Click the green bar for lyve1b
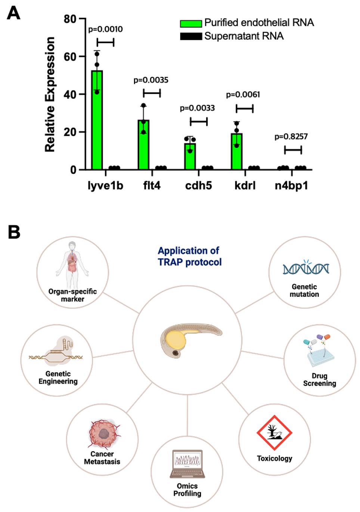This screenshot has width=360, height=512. pos(97,119)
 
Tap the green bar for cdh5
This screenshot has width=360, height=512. pos(190,156)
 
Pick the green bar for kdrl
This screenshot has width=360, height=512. pos(237,151)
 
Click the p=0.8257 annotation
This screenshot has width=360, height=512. pos(291,137)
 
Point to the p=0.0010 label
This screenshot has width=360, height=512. pos(105,29)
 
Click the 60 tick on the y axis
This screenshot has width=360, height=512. pos(70,57)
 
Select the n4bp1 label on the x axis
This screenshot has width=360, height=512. pos(291,185)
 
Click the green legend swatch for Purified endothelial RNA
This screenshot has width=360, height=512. pos(191,24)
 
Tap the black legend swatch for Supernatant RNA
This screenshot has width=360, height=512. pos(191,37)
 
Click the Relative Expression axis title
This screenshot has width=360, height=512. pos(50,94)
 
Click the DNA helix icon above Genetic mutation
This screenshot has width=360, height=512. pos(305,268)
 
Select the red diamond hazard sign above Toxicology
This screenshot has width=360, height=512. pos(274,433)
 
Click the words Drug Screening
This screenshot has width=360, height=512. pos(319,380)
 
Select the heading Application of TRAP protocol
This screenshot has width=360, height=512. pos(189,256)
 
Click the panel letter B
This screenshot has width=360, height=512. pos(14,232)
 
